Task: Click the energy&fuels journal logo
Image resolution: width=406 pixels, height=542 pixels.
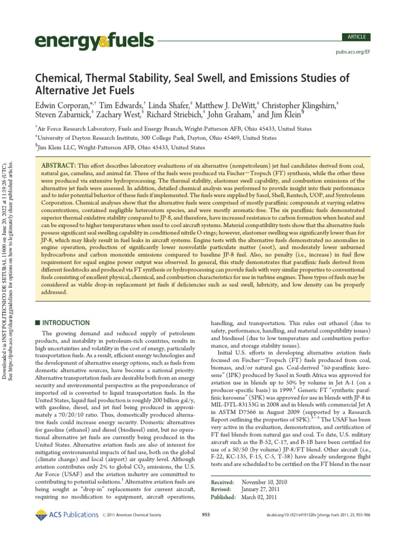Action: point(94,40)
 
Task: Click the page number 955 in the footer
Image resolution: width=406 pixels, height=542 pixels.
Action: point(207,514)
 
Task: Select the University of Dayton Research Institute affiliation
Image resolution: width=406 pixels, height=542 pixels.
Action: point(156,138)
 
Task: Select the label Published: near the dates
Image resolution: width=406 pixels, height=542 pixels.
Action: point(223,498)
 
